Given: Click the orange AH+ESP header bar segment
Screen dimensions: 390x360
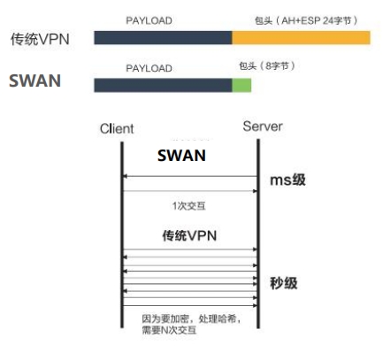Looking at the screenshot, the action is (301, 38).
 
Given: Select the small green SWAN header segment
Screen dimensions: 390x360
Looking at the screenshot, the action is (241, 85).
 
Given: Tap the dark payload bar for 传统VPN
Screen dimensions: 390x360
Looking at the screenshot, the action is (163, 38).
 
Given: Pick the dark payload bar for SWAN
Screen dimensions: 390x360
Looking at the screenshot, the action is (163, 85).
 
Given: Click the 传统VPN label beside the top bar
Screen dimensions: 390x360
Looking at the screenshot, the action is (40, 39).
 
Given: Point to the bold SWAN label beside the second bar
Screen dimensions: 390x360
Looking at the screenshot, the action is (35, 80).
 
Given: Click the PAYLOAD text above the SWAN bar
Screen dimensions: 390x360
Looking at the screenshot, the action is (149, 68).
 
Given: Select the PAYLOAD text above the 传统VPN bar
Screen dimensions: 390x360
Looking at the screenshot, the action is (149, 20).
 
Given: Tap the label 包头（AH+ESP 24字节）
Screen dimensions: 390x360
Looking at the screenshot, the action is (306, 20).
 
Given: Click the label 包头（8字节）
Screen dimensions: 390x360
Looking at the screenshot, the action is (267, 65).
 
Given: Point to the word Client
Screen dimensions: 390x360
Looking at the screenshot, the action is (117, 128).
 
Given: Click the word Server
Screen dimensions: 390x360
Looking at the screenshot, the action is (263, 126).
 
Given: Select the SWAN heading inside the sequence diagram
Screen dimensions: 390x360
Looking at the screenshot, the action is (181, 156).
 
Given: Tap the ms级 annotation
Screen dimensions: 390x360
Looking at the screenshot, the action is (287, 180).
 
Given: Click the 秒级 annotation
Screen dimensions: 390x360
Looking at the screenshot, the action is (284, 283).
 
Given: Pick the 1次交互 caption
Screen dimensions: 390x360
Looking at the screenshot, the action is (189, 206).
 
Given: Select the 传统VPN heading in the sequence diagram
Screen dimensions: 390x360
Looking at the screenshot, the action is (189, 235).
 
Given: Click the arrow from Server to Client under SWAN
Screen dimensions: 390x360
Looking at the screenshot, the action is (190, 176).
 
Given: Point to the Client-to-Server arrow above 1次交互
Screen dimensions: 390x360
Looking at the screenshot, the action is (190, 191).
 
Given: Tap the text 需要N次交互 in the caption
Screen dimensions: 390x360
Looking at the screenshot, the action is (169, 330).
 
